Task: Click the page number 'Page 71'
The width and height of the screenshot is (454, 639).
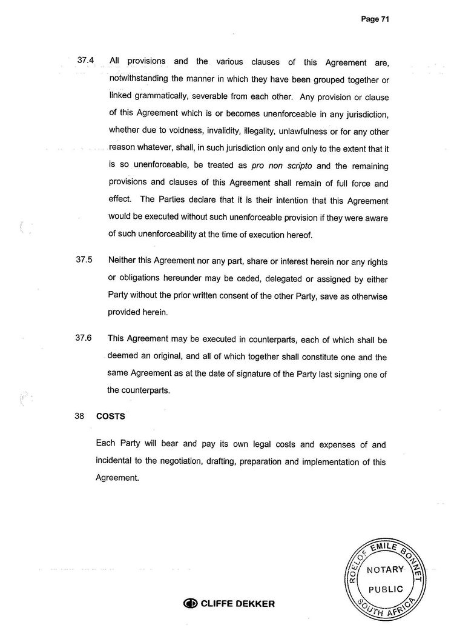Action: [x=374, y=19]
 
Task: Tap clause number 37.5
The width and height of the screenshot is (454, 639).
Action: [x=84, y=261]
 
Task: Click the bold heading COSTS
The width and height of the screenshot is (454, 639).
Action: [x=110, y=417]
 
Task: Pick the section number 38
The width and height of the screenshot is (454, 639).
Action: [x=79, y=417]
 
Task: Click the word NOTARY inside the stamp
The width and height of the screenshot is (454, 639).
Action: [x=385, y=569]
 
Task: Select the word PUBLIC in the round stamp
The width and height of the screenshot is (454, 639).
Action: [x=385, y=589]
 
